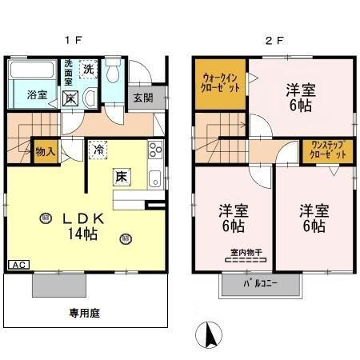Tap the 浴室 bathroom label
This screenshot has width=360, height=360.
tap(37, 95)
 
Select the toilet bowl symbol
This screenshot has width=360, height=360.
tap(112, 74)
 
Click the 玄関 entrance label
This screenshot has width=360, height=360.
tap(144, 98)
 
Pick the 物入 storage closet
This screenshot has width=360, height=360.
tap(46, 150)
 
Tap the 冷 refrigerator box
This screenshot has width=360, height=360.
tap(99, 149)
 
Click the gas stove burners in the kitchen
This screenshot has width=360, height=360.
tap(154, 150)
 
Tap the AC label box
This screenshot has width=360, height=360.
tap(16, 265)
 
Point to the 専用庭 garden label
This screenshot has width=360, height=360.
tap(84, 313)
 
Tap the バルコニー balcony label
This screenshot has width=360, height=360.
tap(260, 284)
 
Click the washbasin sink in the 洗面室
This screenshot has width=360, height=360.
tap(89, 98)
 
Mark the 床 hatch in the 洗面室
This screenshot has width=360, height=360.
tap(70, 98)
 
